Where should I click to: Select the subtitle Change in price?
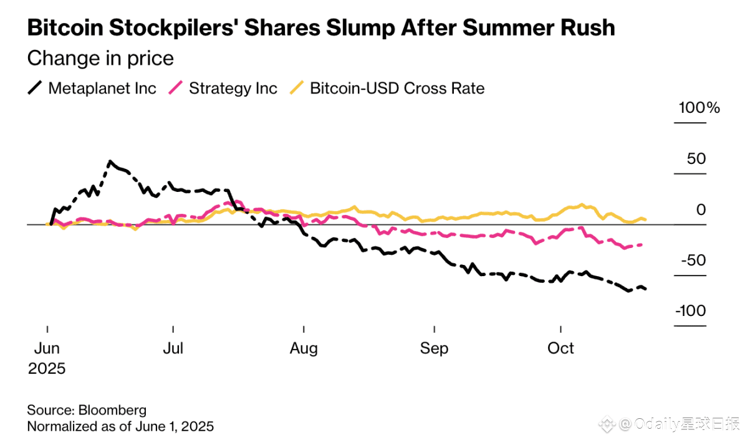[100, 59]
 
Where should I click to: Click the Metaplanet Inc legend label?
[102, 88]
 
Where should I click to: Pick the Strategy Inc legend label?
[233, 88]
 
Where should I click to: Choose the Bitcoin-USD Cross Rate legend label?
[397, 88]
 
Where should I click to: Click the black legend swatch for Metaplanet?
[35, 88]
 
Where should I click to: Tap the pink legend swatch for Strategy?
[176, 88]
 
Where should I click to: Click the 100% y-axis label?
[699, 108]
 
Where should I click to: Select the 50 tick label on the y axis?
[696, 159]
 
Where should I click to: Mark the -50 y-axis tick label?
[691, 261]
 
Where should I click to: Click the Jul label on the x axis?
[173, 348]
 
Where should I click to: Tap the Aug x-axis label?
[304, 348]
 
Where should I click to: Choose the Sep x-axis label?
[434, 348]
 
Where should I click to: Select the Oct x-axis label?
[560, 348]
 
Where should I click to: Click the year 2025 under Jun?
[47, 368]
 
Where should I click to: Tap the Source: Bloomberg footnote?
[87, 410]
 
